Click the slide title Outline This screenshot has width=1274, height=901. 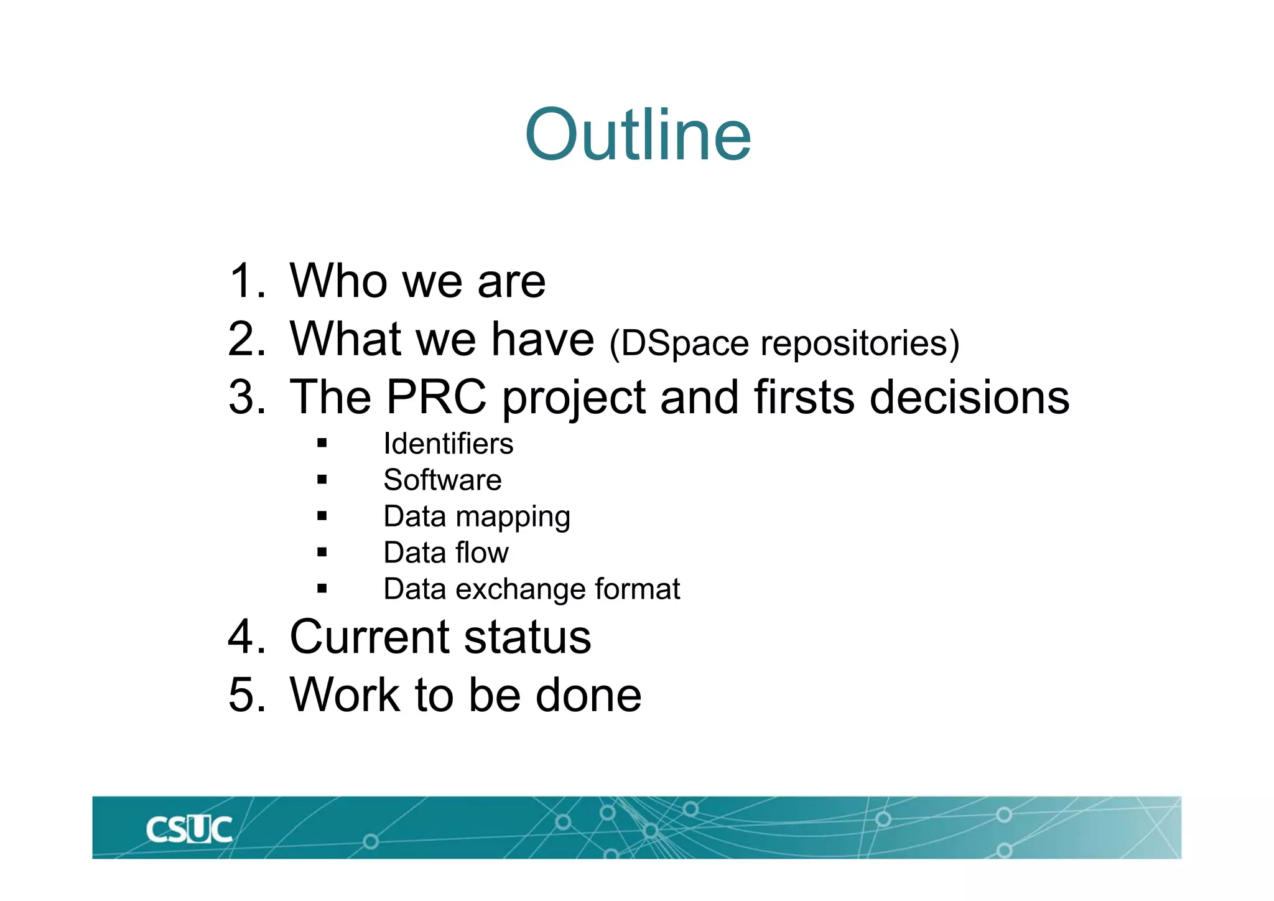tap(638, 135)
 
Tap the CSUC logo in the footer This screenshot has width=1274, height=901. tap(189, 829)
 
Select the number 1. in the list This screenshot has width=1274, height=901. tap(247, 281)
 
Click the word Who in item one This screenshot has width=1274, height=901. tap(338, 281)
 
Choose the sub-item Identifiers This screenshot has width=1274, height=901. tap(448, 444)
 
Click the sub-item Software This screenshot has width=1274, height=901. tap(442, 480)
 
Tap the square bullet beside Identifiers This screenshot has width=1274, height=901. tap(322, 444)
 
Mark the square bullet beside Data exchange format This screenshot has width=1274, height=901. tap(322, 589)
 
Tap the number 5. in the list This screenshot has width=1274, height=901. tap(247, 695)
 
